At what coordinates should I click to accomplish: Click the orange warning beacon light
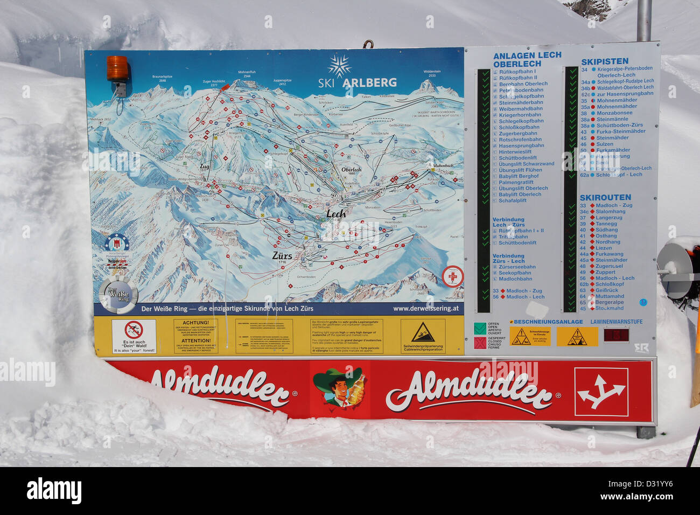(117, 68)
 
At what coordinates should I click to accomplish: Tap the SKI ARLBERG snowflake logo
(339, 66)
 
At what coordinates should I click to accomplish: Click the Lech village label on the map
(336, 214)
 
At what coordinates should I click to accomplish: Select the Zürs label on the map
(282, 256)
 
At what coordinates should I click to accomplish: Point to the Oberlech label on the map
(351, 169)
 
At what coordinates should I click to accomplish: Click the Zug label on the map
(205, 166)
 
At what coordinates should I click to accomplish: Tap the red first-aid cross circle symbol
(452, 276)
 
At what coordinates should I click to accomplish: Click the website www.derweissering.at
(425, 309)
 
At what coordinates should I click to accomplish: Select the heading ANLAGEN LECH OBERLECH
(527, 59)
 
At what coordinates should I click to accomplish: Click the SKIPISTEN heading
(604, 61)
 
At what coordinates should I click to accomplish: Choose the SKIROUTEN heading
(605, 198)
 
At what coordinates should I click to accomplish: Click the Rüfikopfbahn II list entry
(517, 78)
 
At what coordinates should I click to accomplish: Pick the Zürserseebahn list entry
(517, 267)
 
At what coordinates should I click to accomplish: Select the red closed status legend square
(479, 343)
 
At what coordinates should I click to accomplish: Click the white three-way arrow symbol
(601, 392)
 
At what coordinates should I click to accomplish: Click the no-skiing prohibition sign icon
(134, 330)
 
